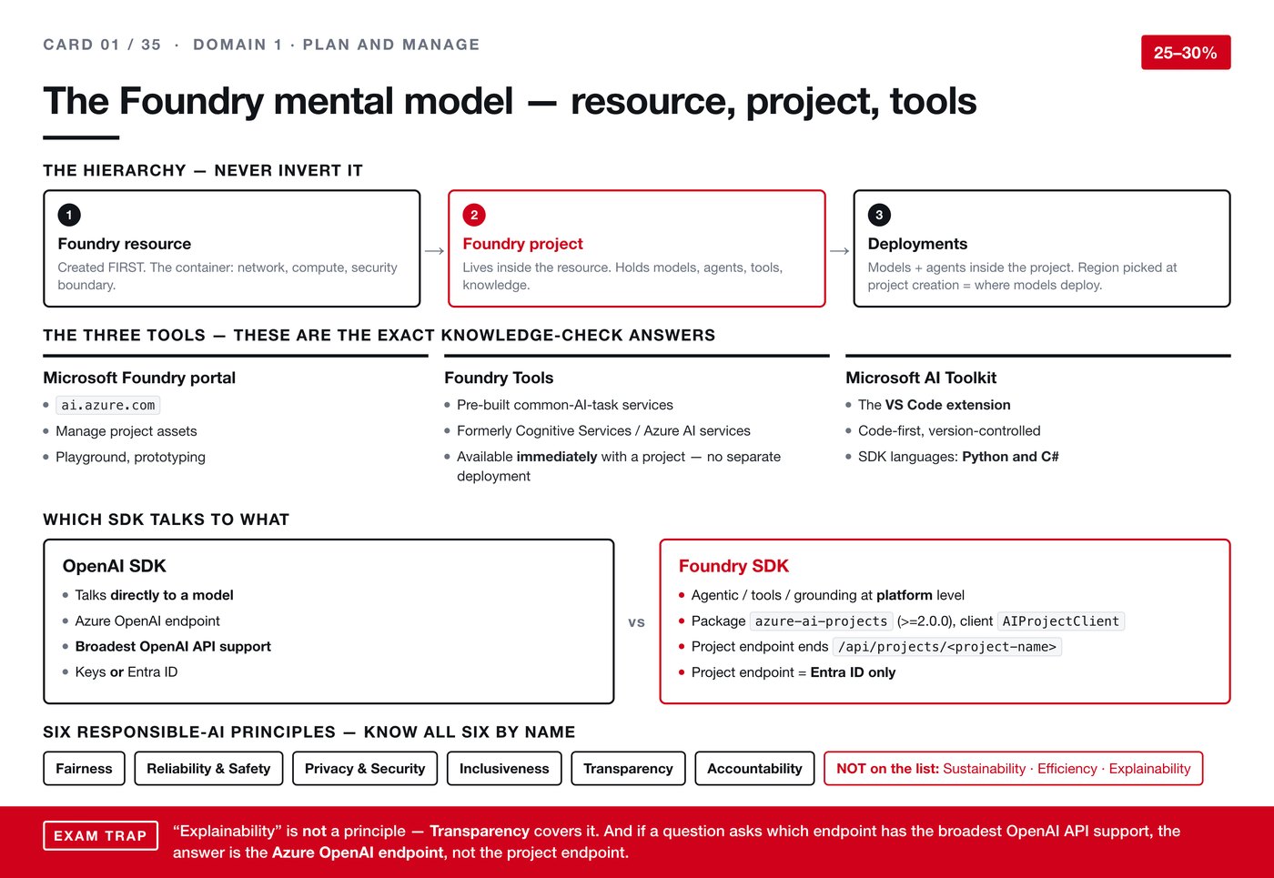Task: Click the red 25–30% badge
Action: coord(1186,53)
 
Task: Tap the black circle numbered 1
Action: coord(69,215)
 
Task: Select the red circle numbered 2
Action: coord(474,215)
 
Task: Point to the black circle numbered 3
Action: coord(879,215)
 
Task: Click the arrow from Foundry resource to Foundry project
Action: coord(434,251)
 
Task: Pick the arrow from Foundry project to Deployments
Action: coord(839,251)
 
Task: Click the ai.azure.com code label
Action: coord(108,405)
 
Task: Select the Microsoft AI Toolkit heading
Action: coord(921,378)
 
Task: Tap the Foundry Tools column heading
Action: coord(499,378)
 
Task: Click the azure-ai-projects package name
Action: coord(821,621)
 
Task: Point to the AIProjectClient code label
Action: coord(1061,621)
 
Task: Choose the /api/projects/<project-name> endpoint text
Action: coord(947,647)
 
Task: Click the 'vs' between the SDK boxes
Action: coord(636,622)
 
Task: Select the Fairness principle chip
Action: coord(84,768)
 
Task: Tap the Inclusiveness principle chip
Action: coord(504,768)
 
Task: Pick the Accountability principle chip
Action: coord(754,768)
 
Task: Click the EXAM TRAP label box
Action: coord(101,835)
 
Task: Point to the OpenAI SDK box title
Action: coord(115,566)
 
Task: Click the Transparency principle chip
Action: coord(628,768)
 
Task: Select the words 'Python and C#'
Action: coord(1010,457)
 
